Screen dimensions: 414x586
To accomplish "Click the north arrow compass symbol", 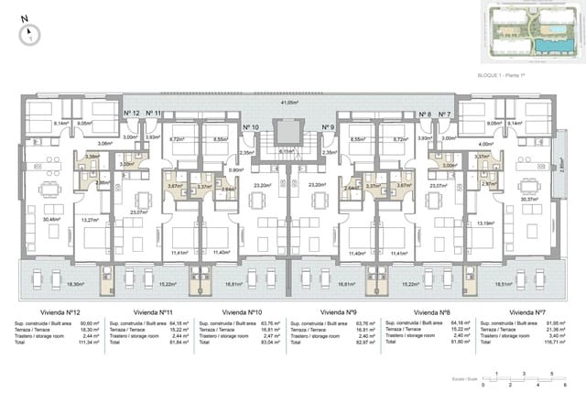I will [29, 34].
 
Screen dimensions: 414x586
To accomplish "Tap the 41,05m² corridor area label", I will [290, 103].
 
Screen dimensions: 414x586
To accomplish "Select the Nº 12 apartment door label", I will [131, 114].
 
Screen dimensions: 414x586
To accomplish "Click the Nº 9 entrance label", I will [328, 127].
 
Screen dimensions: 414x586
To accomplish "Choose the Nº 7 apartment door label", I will [444, 114].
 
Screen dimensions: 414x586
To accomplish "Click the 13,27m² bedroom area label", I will [90, 220].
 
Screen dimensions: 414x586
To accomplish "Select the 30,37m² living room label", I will [529, 199].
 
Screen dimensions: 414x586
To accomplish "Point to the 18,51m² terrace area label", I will [529, 285].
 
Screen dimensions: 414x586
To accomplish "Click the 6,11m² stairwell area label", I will [286, 152].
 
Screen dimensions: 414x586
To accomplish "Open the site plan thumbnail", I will [518, 33].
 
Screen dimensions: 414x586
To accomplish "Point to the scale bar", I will [524, 379].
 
